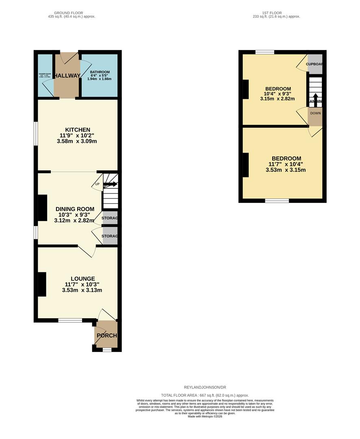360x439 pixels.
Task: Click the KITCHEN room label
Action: (77, 130)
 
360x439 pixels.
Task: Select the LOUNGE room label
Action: (82, 278)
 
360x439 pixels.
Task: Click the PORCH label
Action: (106, 335)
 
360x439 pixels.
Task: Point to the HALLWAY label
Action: (67, 76)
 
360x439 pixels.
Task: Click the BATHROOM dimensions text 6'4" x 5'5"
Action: (100, 75)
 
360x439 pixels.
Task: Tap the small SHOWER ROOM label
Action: (44, 74)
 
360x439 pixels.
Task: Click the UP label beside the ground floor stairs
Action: (97, 184)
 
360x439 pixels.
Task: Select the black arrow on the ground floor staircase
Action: (111, 184)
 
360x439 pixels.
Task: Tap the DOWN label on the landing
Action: (315, 113)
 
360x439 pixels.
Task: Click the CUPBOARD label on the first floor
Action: (315, 64)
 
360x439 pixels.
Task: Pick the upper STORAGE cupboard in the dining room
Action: (110, 218)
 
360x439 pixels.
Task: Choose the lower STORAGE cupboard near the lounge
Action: (110, 236)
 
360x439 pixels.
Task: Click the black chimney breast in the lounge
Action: (42, 284)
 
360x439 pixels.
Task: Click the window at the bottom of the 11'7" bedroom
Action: (277, 200)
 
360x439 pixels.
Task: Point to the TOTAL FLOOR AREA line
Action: (205, 395)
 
